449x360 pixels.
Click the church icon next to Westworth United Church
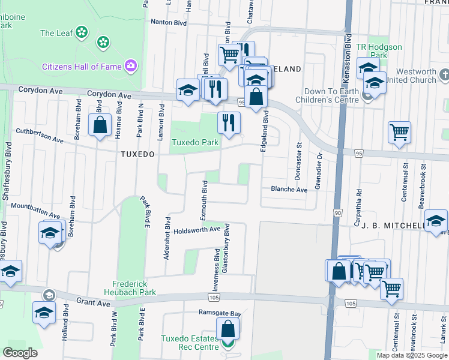(x=444, y=74)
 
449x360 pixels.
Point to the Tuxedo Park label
(x=195, y=143)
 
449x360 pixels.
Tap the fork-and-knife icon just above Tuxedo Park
(x=228, y=122)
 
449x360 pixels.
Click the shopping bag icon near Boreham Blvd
(x=100, y=125)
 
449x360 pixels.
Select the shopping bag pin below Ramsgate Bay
(x=228, y=328)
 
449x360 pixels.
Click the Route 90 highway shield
(x=338, y=213)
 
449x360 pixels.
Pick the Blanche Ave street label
(x=289, y=189)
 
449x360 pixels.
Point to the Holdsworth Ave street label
(x=197, y=230)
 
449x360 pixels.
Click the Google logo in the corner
(x=20, y=353)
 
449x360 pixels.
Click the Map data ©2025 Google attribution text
(x=411, y=355)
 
